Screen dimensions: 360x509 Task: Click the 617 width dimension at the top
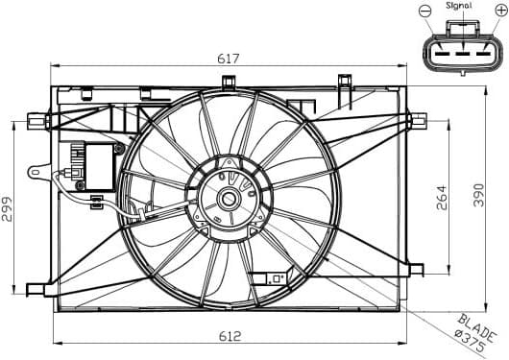(x=229, y=59)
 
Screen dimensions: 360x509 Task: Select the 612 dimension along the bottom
(x=229, y=336)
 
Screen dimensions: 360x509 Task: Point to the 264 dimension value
(x=443, y=199)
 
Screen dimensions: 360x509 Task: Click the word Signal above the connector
(x=459, y=6)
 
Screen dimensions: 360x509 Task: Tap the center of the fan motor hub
(x=230, y=201)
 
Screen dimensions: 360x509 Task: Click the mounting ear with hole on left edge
(x=37, y=174)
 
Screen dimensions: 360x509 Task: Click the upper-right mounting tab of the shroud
(x=417, y=120)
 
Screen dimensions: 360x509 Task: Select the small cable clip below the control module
(x=96, y=202)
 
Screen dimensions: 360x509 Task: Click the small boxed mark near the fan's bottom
(x=275, y=277)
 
